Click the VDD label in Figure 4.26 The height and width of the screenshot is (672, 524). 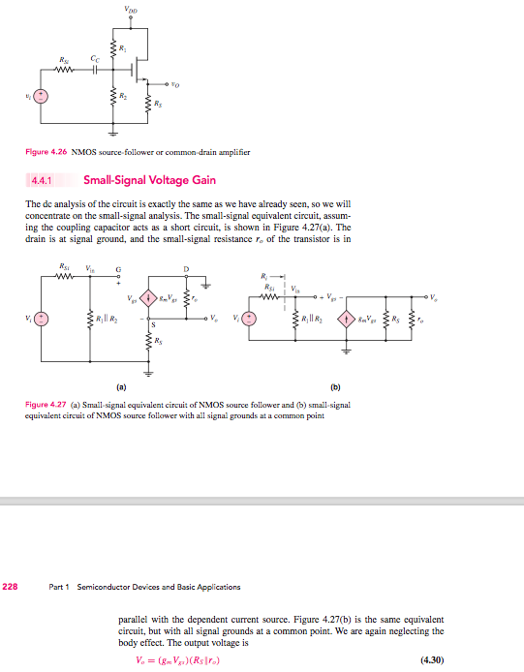coord(131,11)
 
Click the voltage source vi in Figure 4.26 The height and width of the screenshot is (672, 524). coord(40,96)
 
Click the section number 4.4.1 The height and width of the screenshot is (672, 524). coord(42,179)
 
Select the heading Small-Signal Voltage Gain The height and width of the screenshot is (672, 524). coord(150,179)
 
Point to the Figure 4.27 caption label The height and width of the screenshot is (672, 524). coord(46,402)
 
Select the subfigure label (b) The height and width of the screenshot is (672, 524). coord(335,386)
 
